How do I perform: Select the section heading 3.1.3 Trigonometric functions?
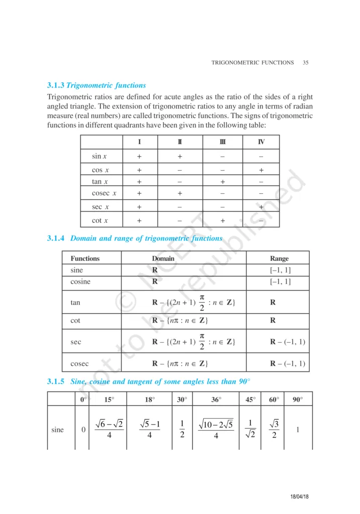(x=96, y=85)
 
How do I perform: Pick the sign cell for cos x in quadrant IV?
(x=261, y=170)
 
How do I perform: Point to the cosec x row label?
(x=104, y=193)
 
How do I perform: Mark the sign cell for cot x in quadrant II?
(x=179, y=220)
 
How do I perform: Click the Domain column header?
(x=163, y=259)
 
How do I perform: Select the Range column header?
(x=279, y=259)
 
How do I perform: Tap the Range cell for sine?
(x=280, y=271)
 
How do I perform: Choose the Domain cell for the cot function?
(x=180, y=320)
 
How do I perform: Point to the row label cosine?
(x=80, y=282)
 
